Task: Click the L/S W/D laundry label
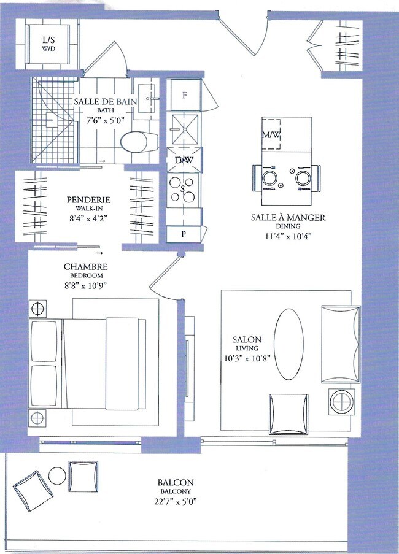pyautogui.click(x=48, y=44)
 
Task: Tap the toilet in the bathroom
pyautogui.click(x=139, y=142)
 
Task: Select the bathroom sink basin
pyautogui.click(x=146, y=99)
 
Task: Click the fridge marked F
pyautogui.click(x=184, y=95)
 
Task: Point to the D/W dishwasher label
pyautogui.click(x=184, y=160)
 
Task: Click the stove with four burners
pyautogui.click(x=182, y=190)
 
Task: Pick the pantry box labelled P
pyautogui.click(x=184, y=234)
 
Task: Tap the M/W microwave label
pyautogui.click(x=271, y=134)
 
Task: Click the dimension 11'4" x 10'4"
pyautogui.click(x=288, y=236)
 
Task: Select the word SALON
pyautogui.click(x=247, y=340)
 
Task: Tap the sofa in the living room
pyautogui.click(x=340, y=344)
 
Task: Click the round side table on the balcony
pyautogui.click(x=57, y=476)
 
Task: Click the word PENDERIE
pyautogui.click(x=88, y=199)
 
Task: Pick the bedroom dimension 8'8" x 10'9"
pyautogui.click(x=85, y=285)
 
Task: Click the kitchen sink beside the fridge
pyautogui.click(x=185, y=129)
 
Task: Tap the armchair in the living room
pyautogui.click(x=289, y=414)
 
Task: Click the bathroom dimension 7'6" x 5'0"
pyautogui.click(x=106, y=120)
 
